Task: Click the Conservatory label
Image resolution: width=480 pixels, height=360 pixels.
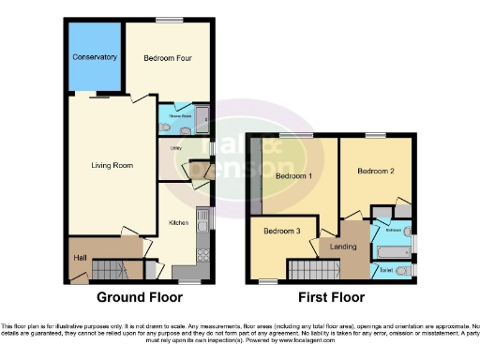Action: (x=95, y=57)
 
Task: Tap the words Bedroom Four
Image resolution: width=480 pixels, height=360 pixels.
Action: (x=168, y=58)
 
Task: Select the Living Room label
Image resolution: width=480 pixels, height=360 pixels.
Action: (x=112, y=166)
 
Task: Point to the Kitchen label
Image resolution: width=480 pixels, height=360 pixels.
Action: (x=179, y=223)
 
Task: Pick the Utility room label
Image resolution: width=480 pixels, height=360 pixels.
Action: (x=175, y=148)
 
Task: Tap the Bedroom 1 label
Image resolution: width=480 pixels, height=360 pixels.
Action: (x=293, y=175)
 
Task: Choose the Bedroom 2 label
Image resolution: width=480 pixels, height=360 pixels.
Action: (x=375, y=172)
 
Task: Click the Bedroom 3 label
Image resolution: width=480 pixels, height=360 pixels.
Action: (x=280, y=231)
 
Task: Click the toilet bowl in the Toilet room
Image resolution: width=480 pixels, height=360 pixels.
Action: (x=403, y=272)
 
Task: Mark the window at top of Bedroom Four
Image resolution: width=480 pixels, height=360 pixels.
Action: (x=169, y=20)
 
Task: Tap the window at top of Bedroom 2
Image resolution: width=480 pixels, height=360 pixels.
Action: (x=376, y=136)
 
